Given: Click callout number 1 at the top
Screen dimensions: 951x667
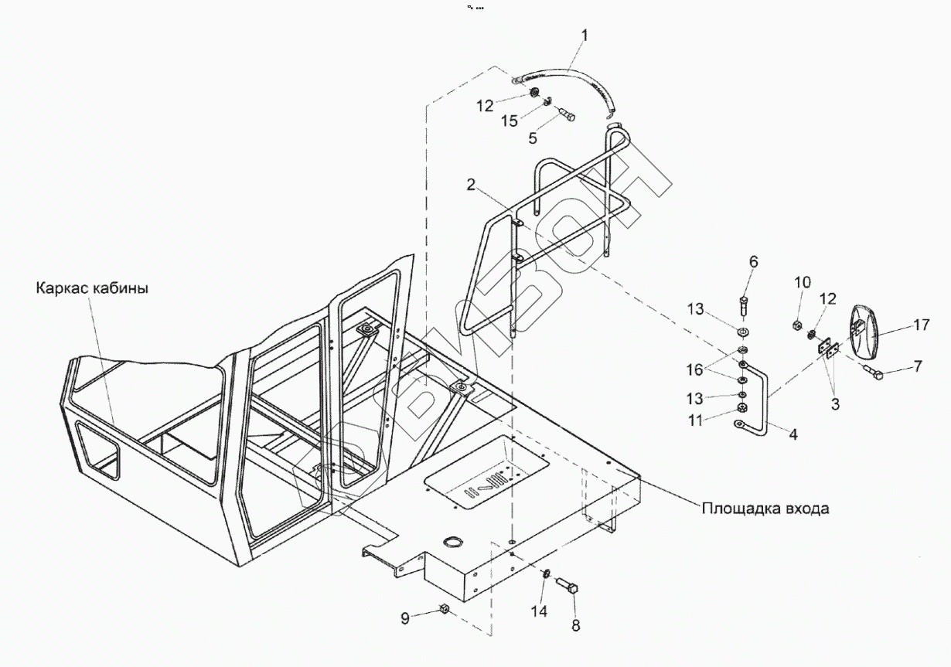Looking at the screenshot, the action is [585, 35].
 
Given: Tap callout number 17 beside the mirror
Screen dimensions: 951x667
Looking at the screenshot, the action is [920, 325].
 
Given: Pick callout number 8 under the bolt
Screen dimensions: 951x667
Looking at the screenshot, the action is [574, 624].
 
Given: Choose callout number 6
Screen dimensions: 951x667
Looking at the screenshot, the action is [754, 262].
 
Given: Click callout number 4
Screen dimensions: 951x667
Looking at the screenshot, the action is [792, 434].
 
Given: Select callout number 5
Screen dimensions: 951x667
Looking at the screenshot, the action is [554, 138].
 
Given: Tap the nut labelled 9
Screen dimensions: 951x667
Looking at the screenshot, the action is [445, 609].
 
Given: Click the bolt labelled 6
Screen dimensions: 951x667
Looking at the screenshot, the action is [745, 305].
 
